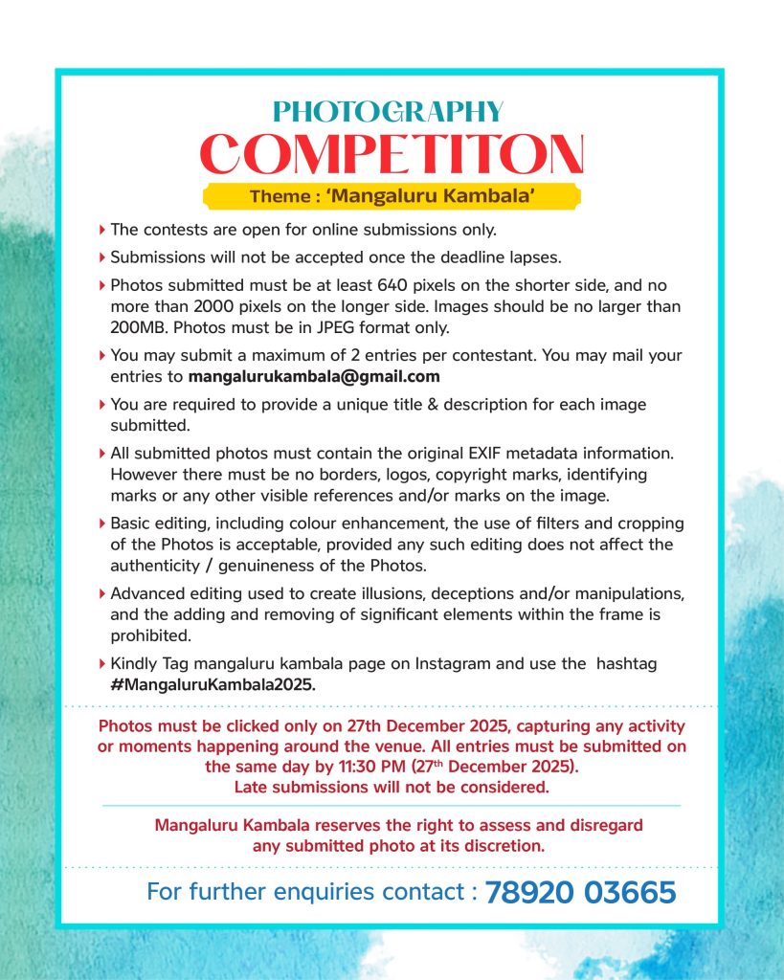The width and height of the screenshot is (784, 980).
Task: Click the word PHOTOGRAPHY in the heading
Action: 388,112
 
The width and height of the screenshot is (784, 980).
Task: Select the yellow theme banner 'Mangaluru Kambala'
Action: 392,196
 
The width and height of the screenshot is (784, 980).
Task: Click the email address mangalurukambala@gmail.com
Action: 314,376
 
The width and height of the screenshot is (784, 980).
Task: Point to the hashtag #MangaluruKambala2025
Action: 213,685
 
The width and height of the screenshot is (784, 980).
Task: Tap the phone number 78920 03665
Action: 580,893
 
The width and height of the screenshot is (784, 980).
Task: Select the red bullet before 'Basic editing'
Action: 102,523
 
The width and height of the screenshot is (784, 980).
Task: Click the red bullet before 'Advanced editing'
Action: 102,593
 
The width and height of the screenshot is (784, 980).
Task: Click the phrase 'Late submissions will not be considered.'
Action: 392,788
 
